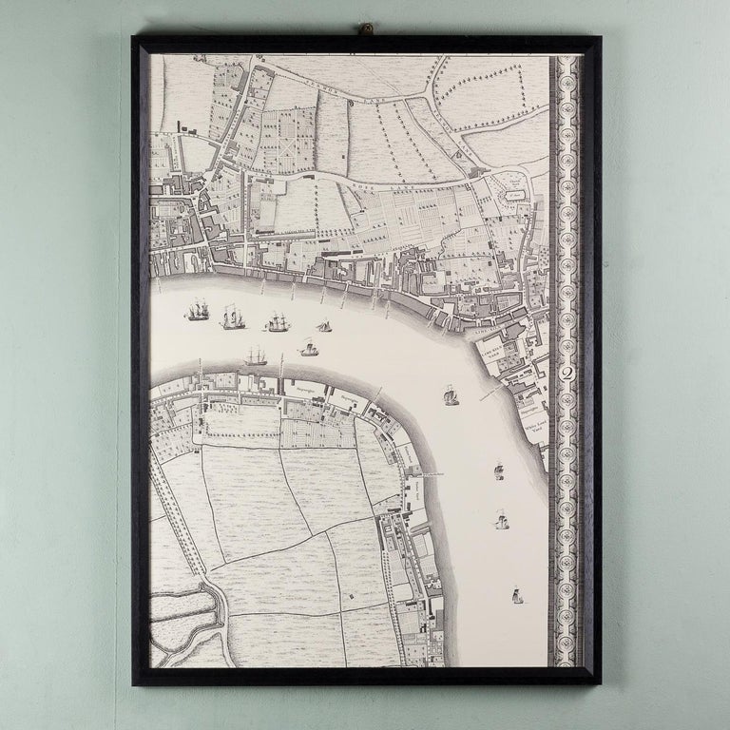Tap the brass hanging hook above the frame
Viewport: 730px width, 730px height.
pos(364,30)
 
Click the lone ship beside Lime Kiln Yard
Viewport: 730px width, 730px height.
pos(451,394)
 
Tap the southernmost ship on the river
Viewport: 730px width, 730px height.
pos(516,598)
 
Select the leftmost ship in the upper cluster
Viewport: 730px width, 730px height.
pos(197,311)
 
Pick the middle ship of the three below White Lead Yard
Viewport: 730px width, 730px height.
pos(501,520)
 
